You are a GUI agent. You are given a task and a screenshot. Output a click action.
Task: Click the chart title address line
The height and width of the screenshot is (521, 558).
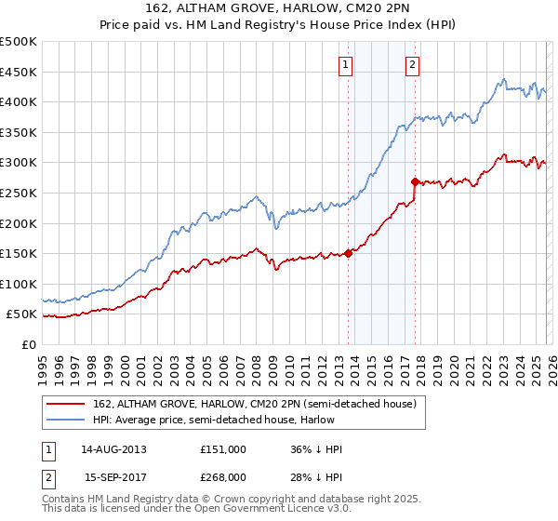(279, 9)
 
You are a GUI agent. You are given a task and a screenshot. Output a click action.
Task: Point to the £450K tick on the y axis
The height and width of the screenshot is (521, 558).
(19, 72)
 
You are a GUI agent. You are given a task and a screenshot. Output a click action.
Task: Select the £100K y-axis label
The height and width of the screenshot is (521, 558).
(19, 284)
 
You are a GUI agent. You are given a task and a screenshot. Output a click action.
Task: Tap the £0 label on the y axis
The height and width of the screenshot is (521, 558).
(28, 344)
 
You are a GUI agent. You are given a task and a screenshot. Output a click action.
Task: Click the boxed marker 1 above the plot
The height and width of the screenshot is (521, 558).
(346, 64)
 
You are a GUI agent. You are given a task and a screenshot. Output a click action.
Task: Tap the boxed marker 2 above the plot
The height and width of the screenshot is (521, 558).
(412, 64)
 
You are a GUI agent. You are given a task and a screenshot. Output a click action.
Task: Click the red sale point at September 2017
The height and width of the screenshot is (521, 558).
(415, 181)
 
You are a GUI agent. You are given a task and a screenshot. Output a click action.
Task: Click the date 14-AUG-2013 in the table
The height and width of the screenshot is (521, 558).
(114, 449)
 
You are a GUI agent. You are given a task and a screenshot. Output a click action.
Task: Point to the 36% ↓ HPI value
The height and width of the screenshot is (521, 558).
(316, 449)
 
